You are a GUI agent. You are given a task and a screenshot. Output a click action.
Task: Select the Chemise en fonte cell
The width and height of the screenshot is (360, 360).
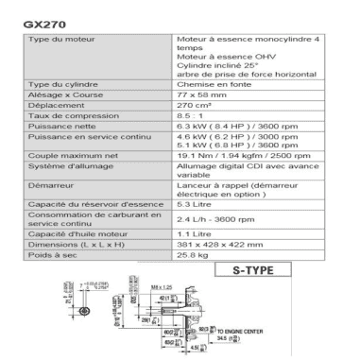point(205,84)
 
